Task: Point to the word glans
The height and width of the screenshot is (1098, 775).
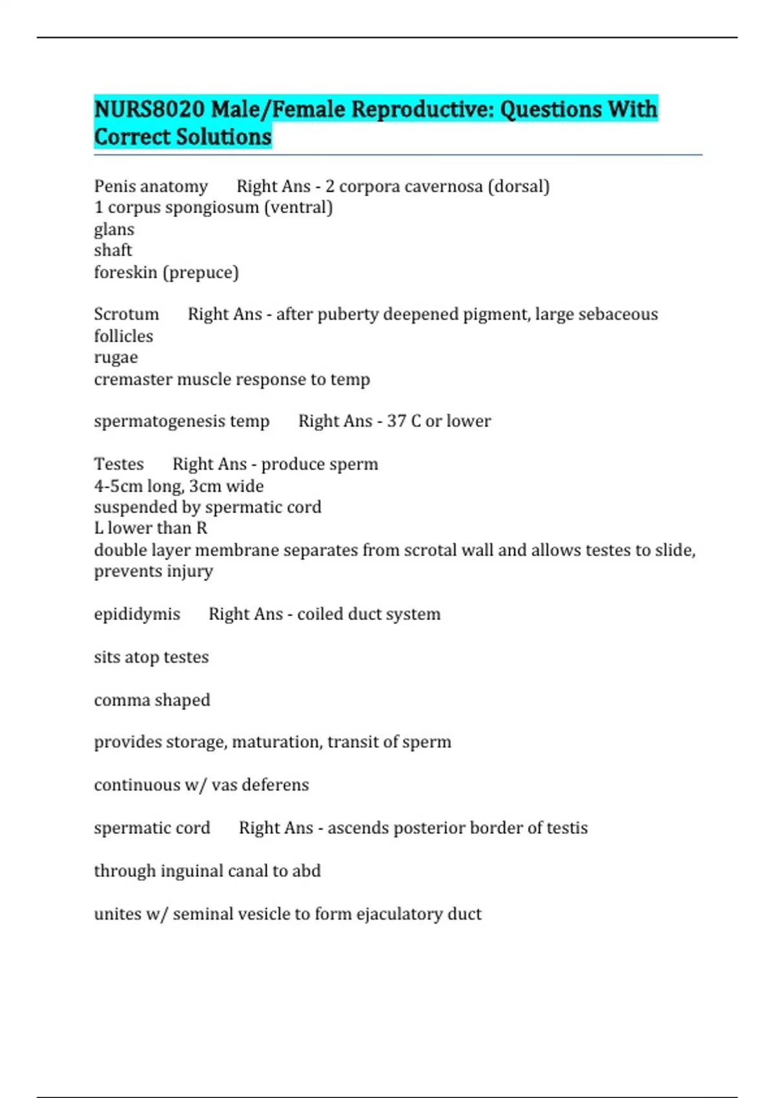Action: click(x=114, y=229)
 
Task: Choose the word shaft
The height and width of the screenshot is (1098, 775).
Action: click(x=113, y=251)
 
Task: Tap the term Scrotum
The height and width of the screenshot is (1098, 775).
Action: click(x=126, y=315)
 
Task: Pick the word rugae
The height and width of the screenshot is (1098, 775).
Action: click(x=116, y=358)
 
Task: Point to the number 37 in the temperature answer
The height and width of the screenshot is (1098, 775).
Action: click(x=396, y=421)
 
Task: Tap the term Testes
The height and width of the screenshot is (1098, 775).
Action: click(x=119, y=464)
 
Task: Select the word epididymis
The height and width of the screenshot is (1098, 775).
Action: click(x=137, y=614)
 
